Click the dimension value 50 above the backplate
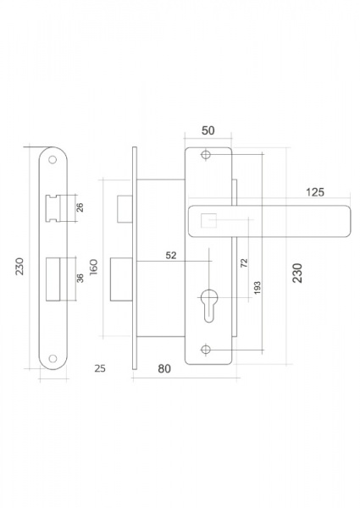click(x=208, y=130)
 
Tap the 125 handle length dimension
click(x=314, y=192)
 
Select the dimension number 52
click(x=171, y=256)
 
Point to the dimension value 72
click(x=245, y=262)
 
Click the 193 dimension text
click(x=257, y=288)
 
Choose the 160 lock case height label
click(x=94, y=267)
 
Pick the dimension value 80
click(x=164, y=368)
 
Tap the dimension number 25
click(x=100, y=368)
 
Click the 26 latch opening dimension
click(x=80, y=207)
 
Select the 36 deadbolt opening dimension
click(x=80, y=278)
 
